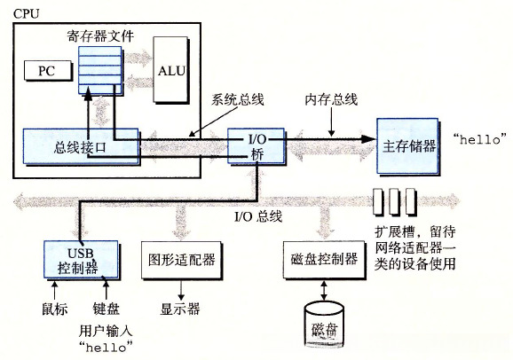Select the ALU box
[x=171, y=69]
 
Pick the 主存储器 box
[x=412, y=145]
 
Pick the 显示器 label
[x=180, y=309]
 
